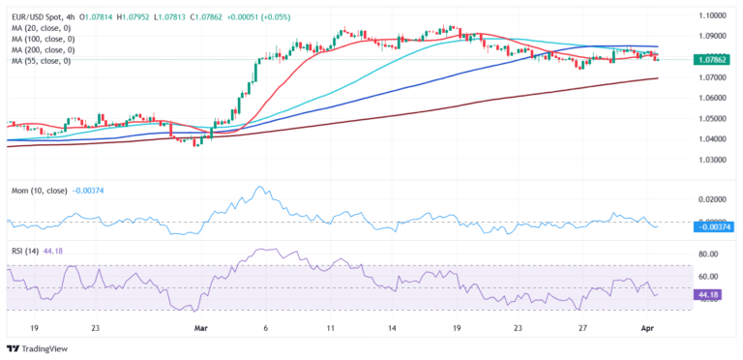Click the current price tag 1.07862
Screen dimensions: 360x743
711,60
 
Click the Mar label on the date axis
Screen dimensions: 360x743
201,329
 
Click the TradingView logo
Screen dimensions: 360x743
39,348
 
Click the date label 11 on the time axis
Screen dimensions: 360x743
331,329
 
